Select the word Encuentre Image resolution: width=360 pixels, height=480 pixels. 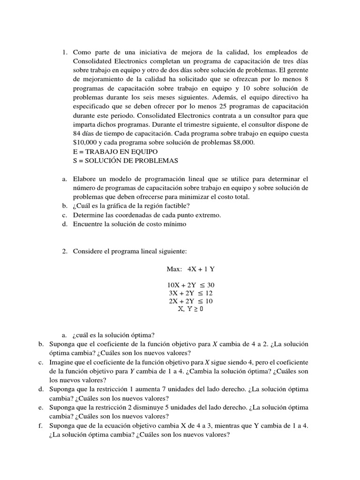click(x=88, y=224)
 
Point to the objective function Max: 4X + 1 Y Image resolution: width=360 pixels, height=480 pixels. click(x=190, y=269)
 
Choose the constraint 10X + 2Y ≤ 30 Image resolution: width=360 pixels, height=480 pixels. click(x=191, y=285)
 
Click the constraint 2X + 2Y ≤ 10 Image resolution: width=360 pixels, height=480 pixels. click(x=191, y=301)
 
